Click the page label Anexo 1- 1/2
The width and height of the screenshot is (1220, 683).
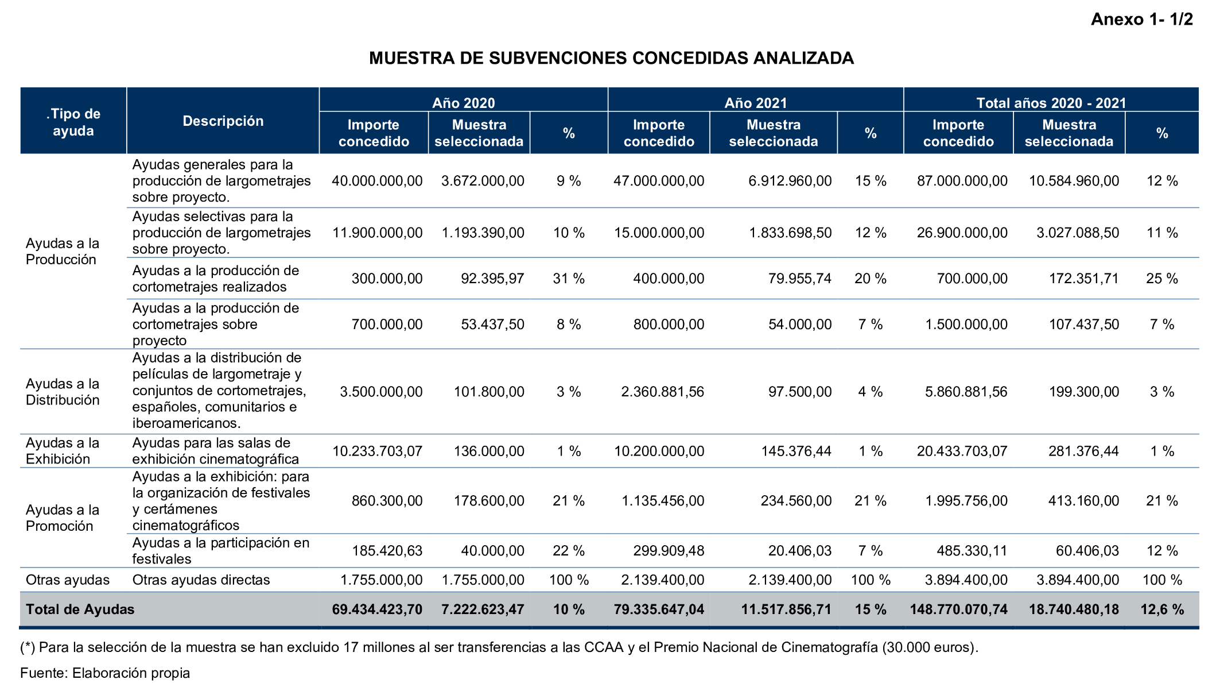coord(1141,20)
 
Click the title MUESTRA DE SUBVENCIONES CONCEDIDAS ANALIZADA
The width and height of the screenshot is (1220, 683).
coord(611,58)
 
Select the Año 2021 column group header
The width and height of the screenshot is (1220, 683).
coord(755,103)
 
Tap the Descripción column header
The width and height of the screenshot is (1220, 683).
coord(223,121)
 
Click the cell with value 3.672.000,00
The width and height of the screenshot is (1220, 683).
coord(483,181)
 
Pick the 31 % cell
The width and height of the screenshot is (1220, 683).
coord(568,279)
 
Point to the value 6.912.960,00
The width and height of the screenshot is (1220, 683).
coord(790,181)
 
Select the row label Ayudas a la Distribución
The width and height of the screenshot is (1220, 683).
coord(63,392)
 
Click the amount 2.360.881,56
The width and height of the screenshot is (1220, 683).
coord(662,392)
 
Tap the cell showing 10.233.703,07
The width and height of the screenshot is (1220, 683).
coord(377,451)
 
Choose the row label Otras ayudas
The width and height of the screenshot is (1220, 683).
coord(67,580)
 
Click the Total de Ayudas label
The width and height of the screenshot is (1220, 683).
coord(80,609)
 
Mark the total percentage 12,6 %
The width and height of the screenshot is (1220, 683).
coord(1162,609)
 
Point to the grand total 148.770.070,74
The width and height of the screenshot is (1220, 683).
coord(958,609)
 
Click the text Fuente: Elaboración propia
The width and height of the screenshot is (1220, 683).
coord(105,673)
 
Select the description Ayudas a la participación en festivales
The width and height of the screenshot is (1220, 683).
coord(221,551)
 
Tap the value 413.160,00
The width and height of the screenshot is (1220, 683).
coord(1083,501)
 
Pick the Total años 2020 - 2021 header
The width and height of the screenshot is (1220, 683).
coord(1051,103)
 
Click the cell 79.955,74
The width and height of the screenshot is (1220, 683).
coord(799,279)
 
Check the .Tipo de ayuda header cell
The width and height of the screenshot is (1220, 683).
coord(73,122)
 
